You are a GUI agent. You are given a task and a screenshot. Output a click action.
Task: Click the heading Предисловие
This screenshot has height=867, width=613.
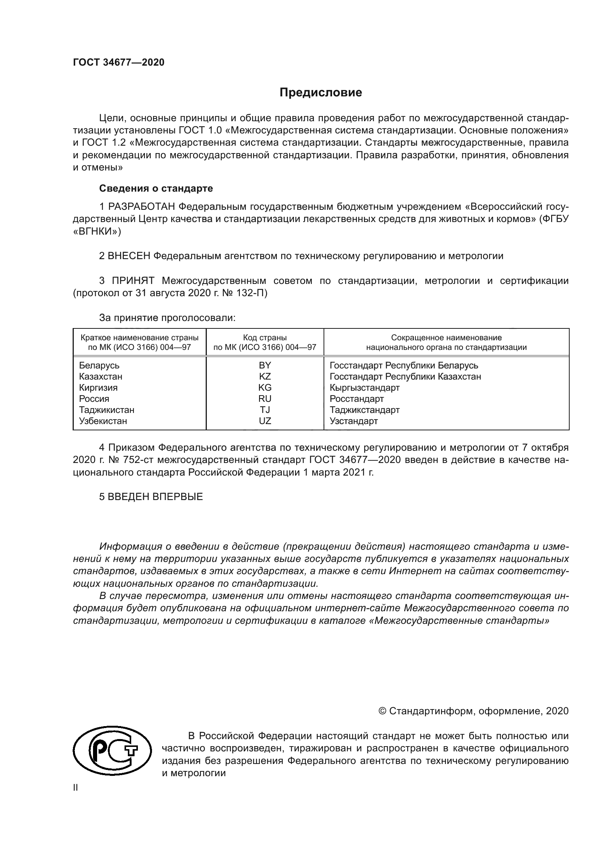321,93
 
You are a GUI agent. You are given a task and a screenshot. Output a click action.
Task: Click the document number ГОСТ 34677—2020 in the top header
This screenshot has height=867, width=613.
119,62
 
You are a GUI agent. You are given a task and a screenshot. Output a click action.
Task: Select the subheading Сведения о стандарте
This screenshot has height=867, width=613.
156,188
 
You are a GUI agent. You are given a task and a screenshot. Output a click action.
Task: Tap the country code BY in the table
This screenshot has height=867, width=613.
265,365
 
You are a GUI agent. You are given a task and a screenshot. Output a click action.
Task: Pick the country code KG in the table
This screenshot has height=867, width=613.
265,387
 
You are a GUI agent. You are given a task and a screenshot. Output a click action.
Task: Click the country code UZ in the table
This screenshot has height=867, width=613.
265,421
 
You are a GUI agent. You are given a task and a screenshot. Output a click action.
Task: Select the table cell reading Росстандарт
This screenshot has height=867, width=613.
357,399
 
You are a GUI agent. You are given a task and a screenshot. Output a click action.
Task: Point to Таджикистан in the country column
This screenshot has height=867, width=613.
106,410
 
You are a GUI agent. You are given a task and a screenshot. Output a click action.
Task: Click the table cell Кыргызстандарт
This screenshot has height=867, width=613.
365,387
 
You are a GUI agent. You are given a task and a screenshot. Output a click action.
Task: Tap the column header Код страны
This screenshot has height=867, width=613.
265,338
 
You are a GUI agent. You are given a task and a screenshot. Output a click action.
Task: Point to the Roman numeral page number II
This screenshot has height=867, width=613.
76,788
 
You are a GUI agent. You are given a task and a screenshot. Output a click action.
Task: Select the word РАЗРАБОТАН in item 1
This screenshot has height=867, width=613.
142,206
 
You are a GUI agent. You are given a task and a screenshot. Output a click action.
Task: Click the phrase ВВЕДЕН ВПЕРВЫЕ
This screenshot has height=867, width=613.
155,497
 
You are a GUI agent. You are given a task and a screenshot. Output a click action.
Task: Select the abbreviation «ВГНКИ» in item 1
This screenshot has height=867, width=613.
97,231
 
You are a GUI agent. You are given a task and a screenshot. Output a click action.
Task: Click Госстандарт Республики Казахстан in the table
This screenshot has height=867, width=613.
405,377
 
